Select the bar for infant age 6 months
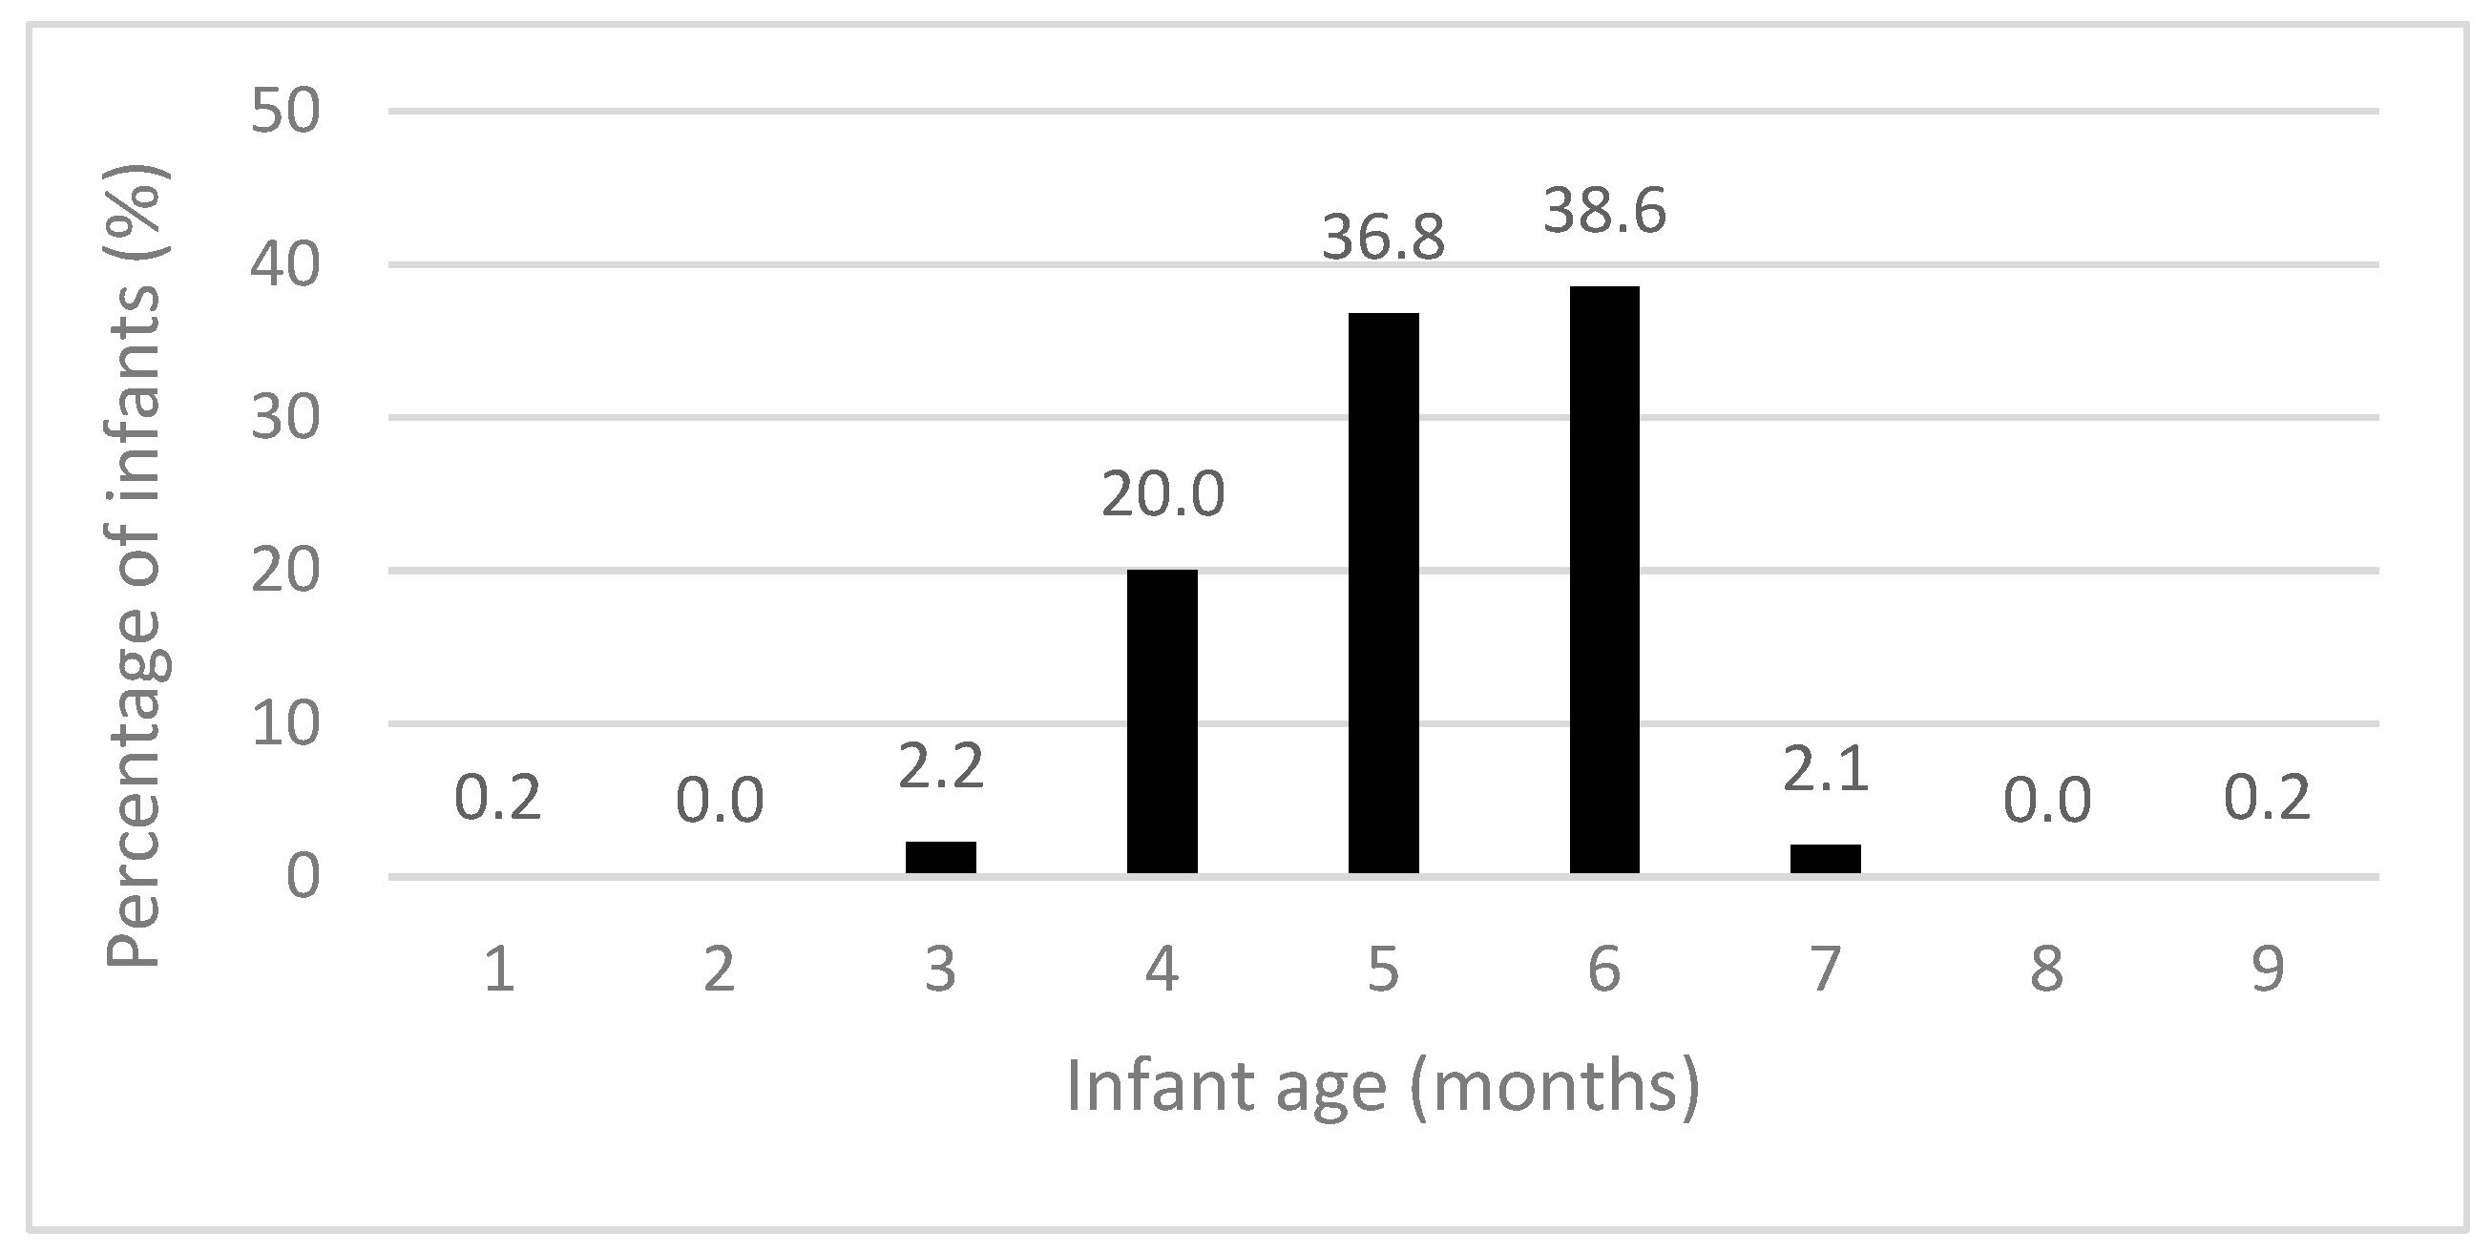(x=1604, y=580)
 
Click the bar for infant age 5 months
(x=1383, y=595)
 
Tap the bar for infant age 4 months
(x=1162, y=721)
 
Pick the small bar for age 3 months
(x=940, y=857)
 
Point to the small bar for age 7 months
(x=1826, y=859)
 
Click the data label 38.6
(x=1604, y=211)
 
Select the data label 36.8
(x=1383, y=238)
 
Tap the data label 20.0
(x=1162, y=494)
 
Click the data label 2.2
(x=940, y=765)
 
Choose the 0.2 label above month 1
(x=497, y=799)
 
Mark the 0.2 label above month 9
(x=2268, y=799)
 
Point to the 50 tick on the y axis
(x=284, y=113)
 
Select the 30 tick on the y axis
(x=284, y=419)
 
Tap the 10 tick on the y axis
(x=284, y=724)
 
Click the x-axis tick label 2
(x=719, y=970)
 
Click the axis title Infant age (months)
(x=1382, y=1087)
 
